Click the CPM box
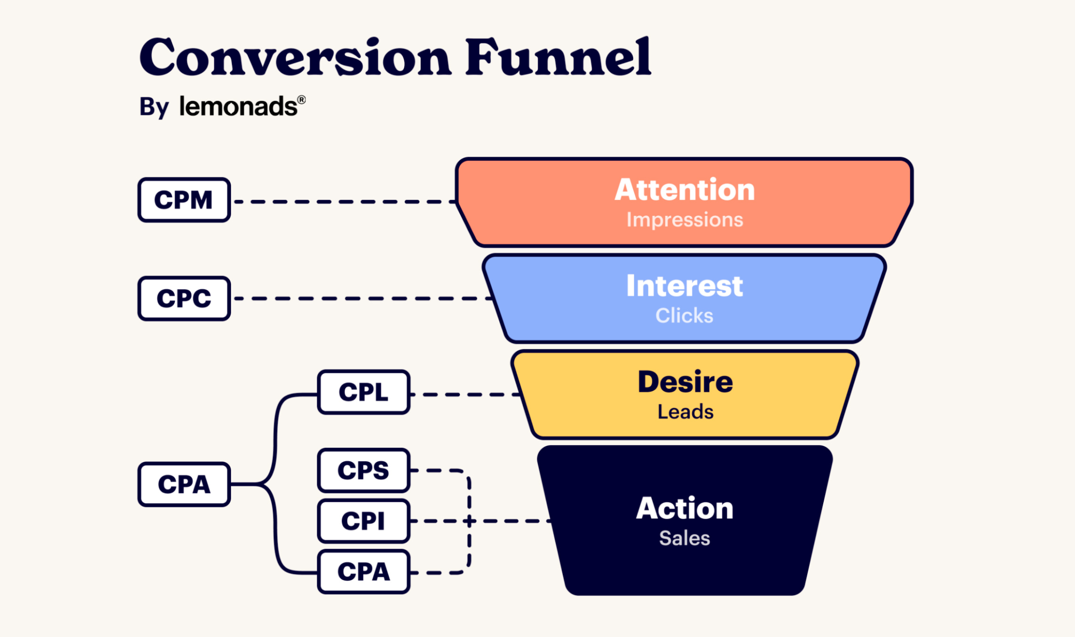point(184,200)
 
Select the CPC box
point(184,299)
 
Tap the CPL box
point(364,392)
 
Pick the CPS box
point(364,470)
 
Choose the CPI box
point(364,521)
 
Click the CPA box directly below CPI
point(364,572)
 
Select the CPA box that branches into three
point(184,485)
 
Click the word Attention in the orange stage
point(685,190)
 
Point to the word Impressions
point(685,220)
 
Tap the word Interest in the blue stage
point(685,286)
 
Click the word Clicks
point(685,316)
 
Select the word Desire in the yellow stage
point(685,382)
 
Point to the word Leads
point(685,412)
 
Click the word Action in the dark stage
point(685,508)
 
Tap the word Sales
point(685,538)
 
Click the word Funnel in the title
point(559,56)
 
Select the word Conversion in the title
point(295,56)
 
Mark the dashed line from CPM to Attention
point(345,202)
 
